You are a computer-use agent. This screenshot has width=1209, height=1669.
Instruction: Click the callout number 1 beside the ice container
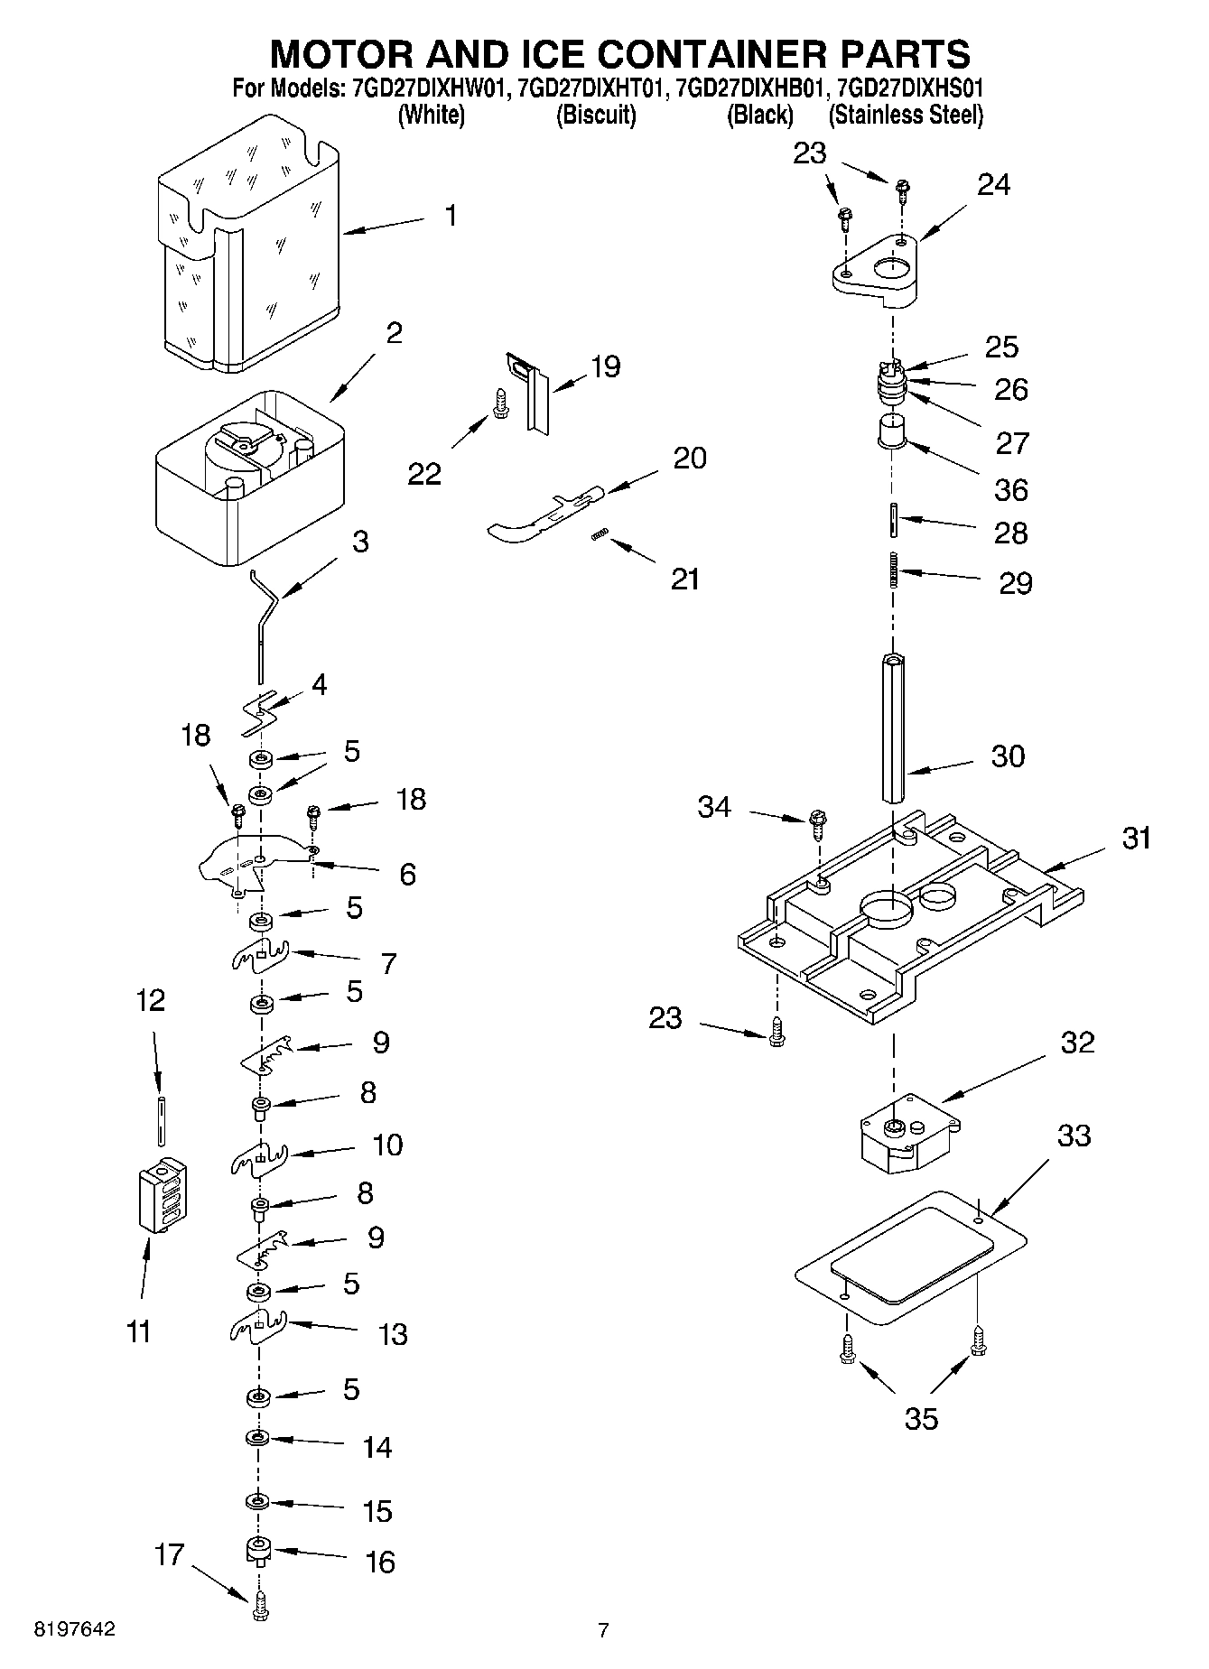coord(451,216)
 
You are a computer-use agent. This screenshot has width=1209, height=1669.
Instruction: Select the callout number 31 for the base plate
coord(1136,838)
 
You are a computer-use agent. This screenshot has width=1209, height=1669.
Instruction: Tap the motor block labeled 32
coord(907,1133)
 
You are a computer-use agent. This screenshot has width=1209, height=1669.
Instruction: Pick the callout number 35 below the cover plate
coord(921,1418)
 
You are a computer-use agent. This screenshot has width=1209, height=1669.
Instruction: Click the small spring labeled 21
coord(597,536)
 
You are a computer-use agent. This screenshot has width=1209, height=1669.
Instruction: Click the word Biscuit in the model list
coord(595,116)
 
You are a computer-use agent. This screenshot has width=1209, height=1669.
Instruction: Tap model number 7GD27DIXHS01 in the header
coord(909,88)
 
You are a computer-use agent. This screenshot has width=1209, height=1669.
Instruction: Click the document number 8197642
coord(74,1629)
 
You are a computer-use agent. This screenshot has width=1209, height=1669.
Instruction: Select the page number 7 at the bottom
coord(603,1629)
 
